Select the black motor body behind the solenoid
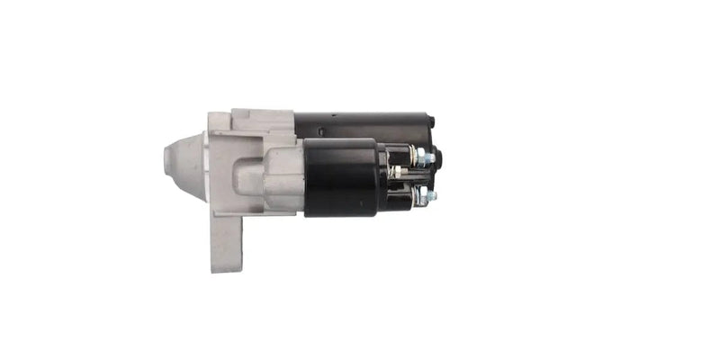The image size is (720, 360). (x=360, y=124)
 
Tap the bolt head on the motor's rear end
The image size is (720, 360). (x=432, y=121)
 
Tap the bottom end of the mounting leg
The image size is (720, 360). (x=227, y=267)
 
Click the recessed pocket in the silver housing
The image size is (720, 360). (x=248, y=170)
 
